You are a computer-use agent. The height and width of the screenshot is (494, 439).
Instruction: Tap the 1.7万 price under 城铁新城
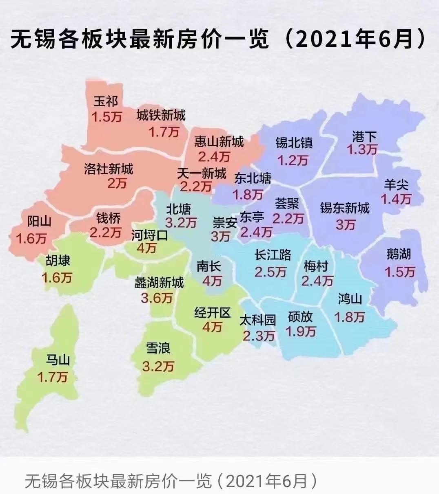pos(164,132)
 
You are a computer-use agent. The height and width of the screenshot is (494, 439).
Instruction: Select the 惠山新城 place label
pos(219,141)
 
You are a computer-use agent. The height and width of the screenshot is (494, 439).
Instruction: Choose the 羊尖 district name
pos(396,185)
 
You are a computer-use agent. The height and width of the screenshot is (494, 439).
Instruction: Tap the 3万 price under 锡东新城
pos(346,224)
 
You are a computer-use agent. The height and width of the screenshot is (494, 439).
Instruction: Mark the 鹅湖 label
pos(399,255)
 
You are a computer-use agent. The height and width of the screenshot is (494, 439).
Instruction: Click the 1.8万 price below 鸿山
pos(350,317)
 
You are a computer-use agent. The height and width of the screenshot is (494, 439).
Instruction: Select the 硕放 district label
pos(300,316)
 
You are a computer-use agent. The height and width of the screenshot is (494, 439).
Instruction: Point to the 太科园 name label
pos(257,320)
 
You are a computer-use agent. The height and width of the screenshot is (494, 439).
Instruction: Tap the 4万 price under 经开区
pos(212,327)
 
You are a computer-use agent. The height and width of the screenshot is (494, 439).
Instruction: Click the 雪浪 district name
pos(158,348)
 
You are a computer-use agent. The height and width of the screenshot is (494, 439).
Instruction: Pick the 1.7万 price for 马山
pos(52,377)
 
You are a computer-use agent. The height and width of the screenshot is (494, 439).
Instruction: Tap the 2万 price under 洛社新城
pos(117,184)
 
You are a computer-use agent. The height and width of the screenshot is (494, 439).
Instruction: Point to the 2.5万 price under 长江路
pos(270,272)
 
